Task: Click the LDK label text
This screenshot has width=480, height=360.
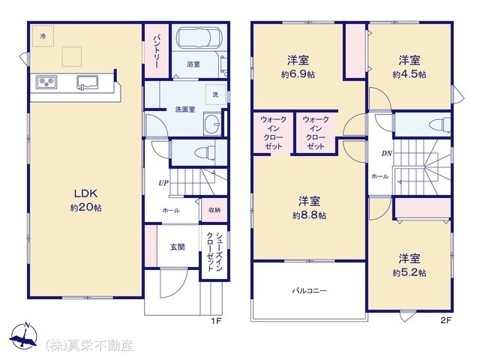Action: (x=86, y=193)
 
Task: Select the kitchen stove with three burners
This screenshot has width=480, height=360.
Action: (x=46, y=82)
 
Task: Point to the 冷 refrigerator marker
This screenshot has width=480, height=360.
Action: (x=43, y=36)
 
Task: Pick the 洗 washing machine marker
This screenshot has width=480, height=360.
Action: (x=215, y=94)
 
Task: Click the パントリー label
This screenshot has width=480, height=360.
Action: (x=156, y=51)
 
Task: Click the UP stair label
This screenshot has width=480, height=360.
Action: (x=163, y=183)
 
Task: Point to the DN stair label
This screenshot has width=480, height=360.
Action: (x=387, y=153)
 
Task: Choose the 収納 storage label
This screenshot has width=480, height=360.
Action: (x=214, y=210)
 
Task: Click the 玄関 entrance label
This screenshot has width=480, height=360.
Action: (x=178, y=247)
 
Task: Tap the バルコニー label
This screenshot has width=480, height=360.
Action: (x=309, y=290)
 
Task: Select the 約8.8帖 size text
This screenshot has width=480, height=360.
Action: (x=309, y=215)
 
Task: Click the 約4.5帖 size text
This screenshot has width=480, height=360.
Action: (x=409, y=75)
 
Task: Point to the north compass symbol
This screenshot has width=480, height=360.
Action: (x=23, y=336)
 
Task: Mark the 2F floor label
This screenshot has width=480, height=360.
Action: (x=446, y=320)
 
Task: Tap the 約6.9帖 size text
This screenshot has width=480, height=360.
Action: (x=298, y=75)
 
